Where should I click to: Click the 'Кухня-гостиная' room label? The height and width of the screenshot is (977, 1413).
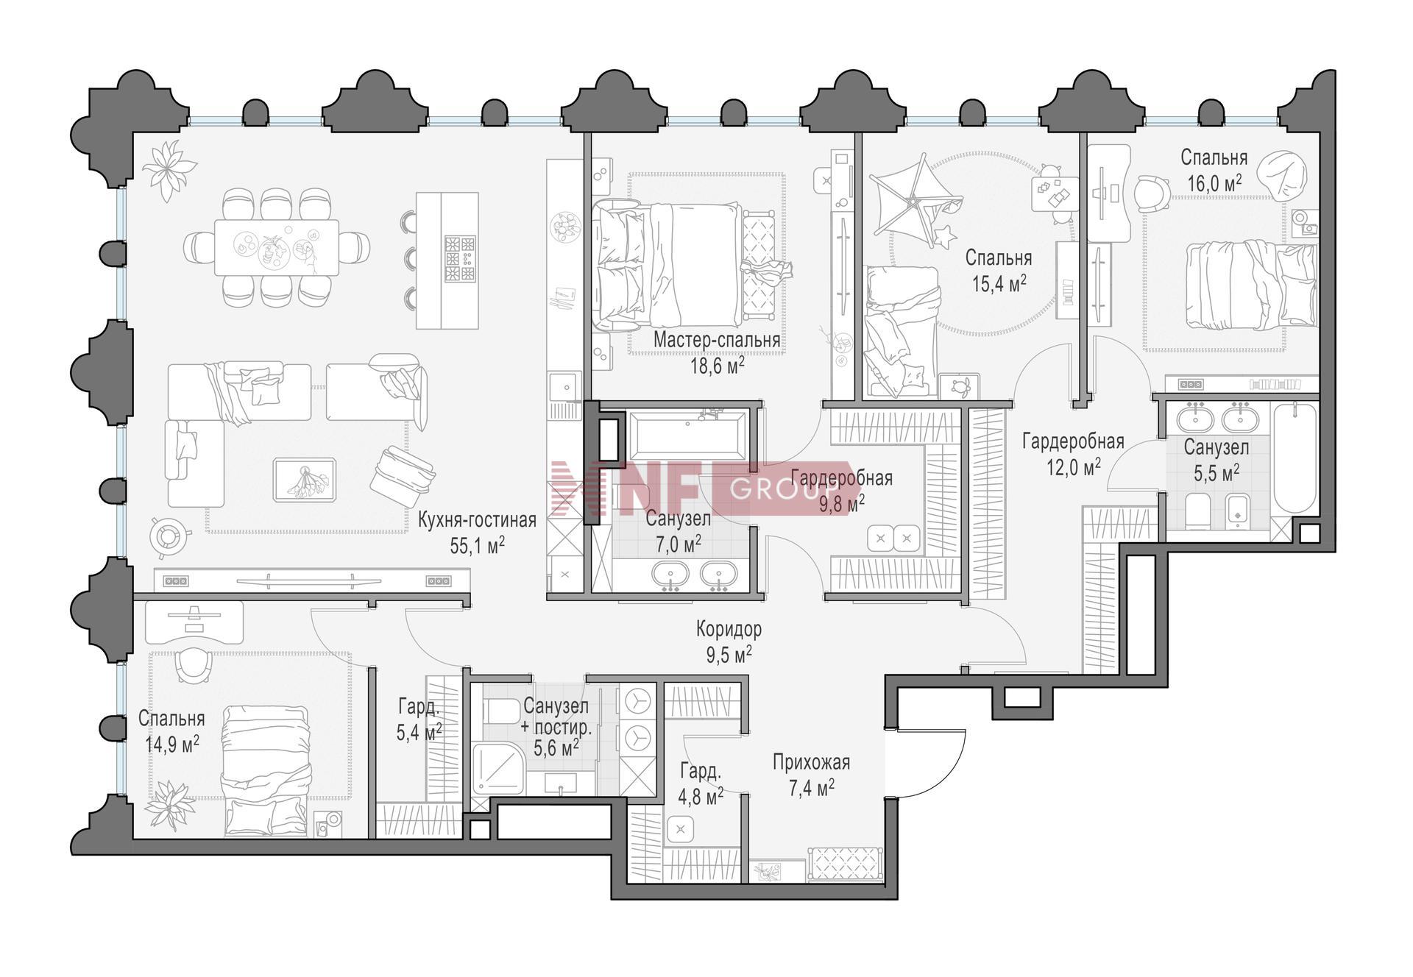pos(477,520)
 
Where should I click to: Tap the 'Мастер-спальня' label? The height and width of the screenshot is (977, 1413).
pos(716,341)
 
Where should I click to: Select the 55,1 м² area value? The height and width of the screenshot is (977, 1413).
pos(477,545)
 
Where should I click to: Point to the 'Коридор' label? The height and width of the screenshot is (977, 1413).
pos(729,629)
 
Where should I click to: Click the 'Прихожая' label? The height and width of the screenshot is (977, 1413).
pos(811,762)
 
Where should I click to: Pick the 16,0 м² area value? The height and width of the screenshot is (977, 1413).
pos(1214,183)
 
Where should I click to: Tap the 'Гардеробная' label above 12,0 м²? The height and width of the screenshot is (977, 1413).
pos(1073,441)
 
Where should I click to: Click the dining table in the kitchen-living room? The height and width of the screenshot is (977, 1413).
pos(277,247)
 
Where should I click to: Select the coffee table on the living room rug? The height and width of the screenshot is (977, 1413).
pos(305,480)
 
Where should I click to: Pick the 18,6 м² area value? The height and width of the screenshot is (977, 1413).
pos(716,366)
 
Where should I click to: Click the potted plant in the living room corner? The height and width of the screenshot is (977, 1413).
pos(169,170)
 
